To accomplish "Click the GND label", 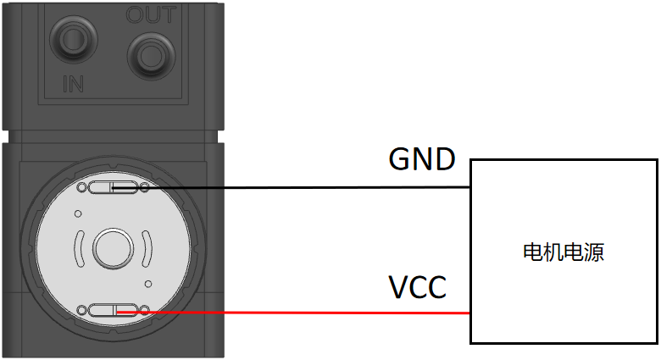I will click(422, 158).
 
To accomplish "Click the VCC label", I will click(418, 288).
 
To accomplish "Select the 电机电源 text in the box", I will click(564, 252).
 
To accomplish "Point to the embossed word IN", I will click(74, 85).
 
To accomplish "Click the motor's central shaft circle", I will click(112, 249).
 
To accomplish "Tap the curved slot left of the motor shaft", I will click(79, 249).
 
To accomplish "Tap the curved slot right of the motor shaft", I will click(146, 249).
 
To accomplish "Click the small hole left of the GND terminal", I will click(81, 187).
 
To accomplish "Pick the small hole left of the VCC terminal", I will click(81, 311).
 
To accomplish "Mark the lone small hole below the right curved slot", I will click(147, 283).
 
